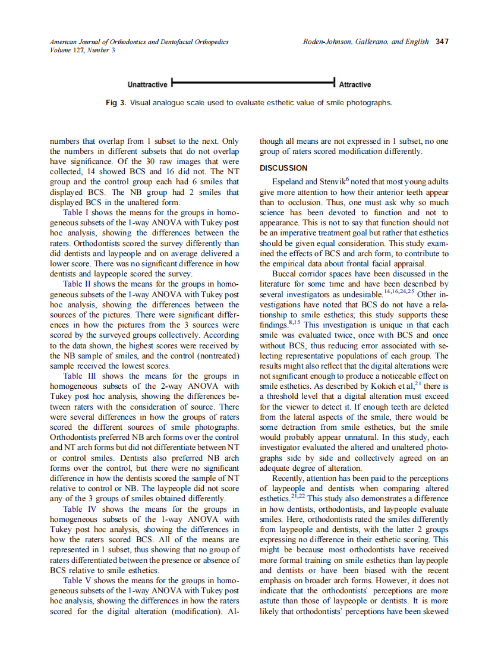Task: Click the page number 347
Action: pos(442,42)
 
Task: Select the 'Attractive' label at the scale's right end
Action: pos(355,84)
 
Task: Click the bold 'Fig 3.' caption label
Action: pos(116,103)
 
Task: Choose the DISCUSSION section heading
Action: pos(283,168)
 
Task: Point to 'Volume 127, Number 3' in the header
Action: pos(83,50)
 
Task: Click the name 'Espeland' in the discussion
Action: pos(289,182)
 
